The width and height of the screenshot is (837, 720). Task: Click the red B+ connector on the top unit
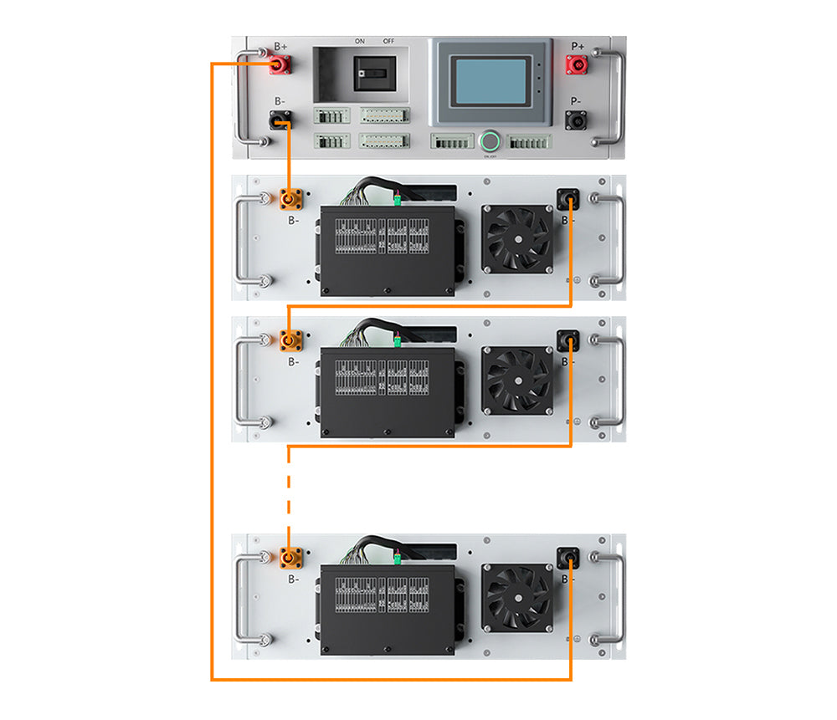click(278, 65)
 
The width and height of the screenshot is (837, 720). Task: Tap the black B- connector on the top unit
click(278, 123)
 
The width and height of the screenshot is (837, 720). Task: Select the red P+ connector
click(578, 64)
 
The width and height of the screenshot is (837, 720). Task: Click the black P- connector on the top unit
click(578, 122)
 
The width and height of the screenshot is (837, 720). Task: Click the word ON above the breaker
click(359, 40)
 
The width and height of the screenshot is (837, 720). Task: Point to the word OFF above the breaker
click(388, 40)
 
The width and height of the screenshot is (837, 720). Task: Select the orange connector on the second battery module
click(290, 340)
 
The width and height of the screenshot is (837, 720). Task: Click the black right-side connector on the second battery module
click(569, 340)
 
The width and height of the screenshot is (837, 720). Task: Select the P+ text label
click(578, 47)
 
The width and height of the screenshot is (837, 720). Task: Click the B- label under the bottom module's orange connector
click(292, 578)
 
